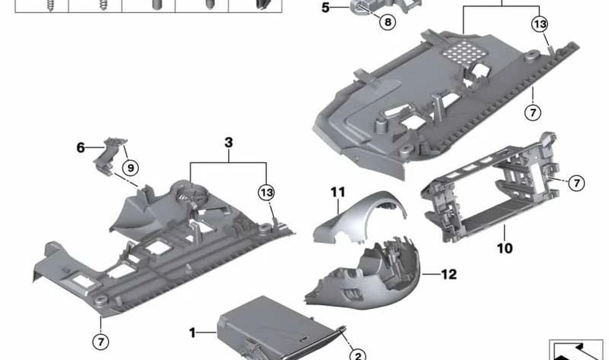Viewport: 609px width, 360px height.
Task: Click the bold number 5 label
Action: [x=325, y=8]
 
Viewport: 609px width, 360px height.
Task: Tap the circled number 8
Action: [x=388, y=22]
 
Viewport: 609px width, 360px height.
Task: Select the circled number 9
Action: [x=131, y=168]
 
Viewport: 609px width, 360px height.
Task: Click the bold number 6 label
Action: [x=81, y=148]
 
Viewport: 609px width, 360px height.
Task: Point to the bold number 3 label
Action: [x=229, y=142]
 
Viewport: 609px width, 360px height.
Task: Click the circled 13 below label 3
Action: [x=266, y=193]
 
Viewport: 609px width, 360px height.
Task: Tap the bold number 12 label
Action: [x=449, y=274]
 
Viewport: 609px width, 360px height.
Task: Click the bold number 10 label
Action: [x=505, y=248]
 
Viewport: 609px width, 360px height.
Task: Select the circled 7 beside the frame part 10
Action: [x=576, y=183]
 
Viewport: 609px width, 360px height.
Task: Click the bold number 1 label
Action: [x=193, y=333]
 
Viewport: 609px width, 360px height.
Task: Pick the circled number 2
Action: [x=358, y=356]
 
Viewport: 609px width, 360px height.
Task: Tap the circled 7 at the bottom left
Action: [x=100, y=342]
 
